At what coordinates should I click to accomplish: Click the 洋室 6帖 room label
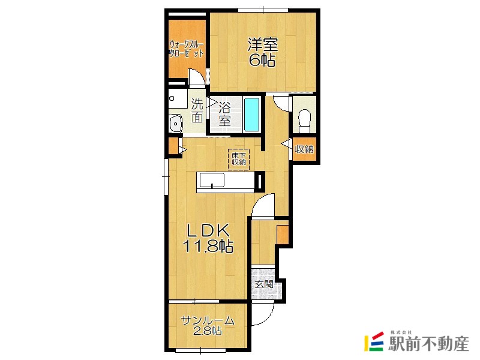262,52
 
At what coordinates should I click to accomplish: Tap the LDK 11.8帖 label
208,238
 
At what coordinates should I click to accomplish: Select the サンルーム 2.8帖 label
208,325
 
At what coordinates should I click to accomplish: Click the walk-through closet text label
187,49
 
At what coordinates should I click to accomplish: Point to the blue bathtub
252,115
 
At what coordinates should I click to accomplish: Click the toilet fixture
305,121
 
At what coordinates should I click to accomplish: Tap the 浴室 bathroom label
224,114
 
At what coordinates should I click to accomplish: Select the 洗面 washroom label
197,110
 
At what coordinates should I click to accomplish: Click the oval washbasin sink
176,124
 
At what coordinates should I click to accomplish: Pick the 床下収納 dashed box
239,159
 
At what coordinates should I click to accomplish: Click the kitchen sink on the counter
212,181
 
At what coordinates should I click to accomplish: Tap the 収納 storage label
304,149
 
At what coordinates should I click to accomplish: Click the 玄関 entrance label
264,284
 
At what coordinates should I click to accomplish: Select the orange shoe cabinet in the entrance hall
283,235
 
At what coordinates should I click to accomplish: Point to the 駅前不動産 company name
428,343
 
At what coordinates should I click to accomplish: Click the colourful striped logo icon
374,341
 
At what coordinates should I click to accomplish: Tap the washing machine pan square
178,98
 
